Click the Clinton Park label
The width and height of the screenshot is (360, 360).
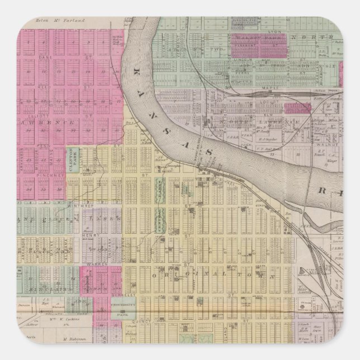72,158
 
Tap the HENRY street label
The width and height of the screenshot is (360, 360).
86,235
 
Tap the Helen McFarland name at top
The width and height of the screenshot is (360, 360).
59,21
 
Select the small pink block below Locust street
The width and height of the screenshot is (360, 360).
293,108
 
